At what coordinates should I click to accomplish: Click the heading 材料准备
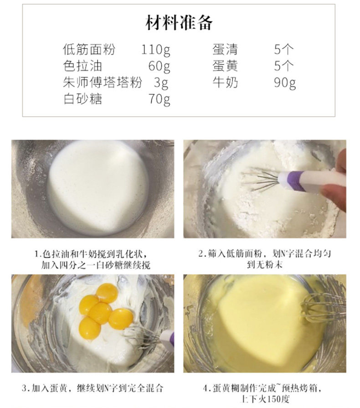pyautogui.click(x=179, y=23)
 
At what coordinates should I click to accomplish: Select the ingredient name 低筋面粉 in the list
pyautogui.click(x=89, y=49)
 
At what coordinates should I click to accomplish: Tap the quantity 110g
pyautogui.click(x=155, y=50)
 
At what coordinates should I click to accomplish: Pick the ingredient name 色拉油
pyautogui.click(x=82, y=66)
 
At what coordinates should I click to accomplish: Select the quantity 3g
pyautogui.click(x=161, y=83)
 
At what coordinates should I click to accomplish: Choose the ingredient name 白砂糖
pyautogui.click(x=82, y=99)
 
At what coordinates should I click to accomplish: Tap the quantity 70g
pyautogui.click(x=159, y=99)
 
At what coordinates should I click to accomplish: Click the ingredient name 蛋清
pyautogui.click(x=225, y=49)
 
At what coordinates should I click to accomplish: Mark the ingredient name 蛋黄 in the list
pyautogui.click(x=225, y=66)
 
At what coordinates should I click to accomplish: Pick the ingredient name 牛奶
pyautogui.click(x=225, y=82)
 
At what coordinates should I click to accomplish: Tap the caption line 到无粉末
pyautogui.click(x=265, y=264)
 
